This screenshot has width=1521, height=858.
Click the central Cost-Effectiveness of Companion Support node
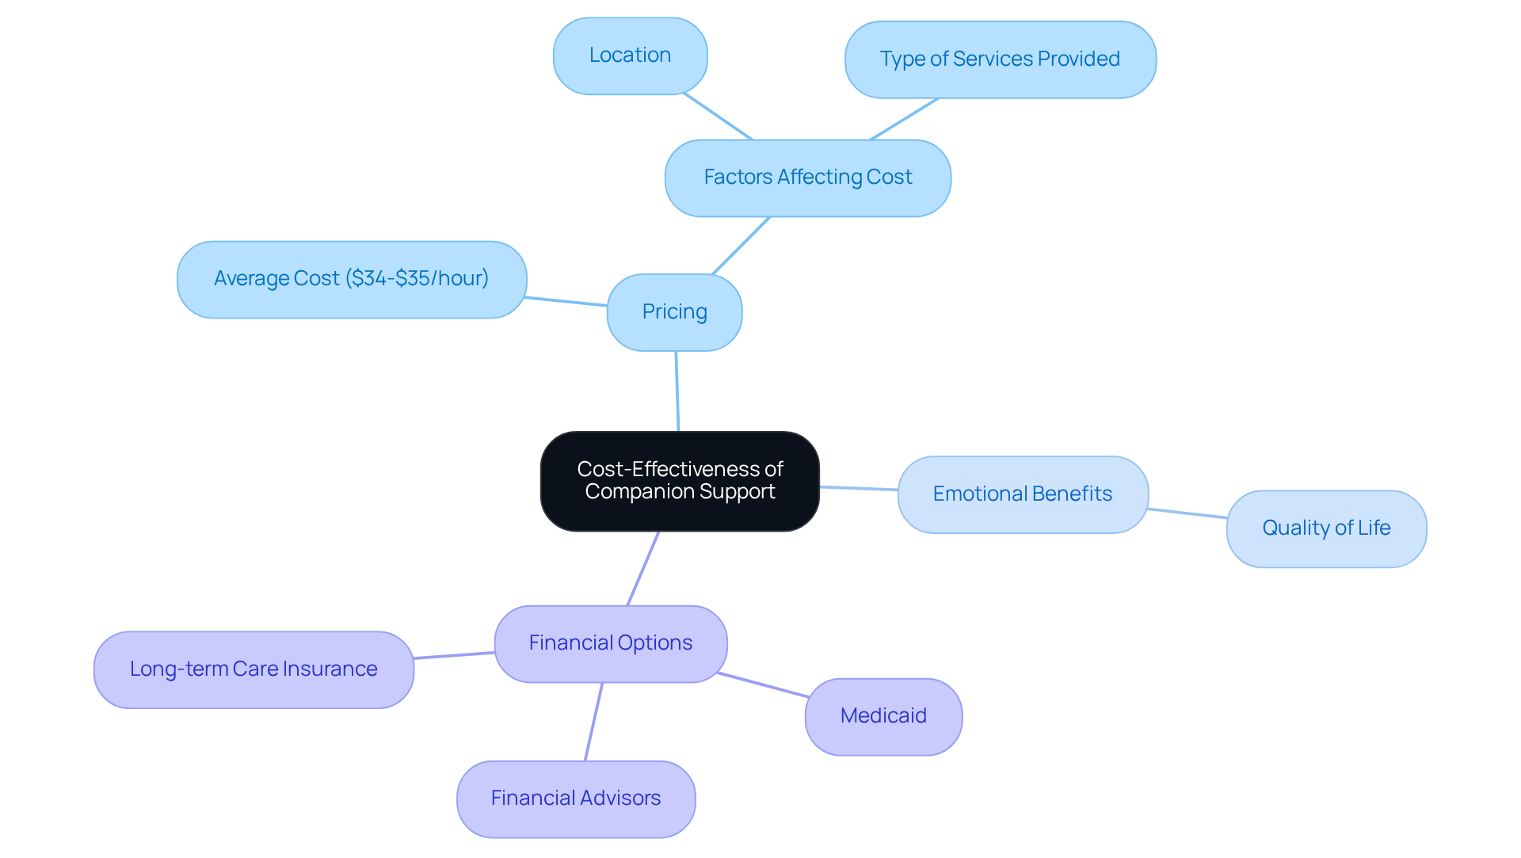click(680, 481)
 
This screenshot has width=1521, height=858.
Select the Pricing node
click(674, 312)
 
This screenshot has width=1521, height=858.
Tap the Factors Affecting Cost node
click(807, 177)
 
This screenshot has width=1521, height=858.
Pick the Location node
click(630, 55)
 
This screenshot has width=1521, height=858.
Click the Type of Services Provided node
click(1000, 59)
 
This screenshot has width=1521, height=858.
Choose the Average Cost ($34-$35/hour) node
click(351, 279)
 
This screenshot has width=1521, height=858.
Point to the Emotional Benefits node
click(1022, 494)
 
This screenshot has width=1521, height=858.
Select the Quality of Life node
click(1326, 528)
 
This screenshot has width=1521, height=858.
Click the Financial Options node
click(610, 643)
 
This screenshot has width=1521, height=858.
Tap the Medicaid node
click(883, 716)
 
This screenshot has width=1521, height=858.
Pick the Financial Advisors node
click(576, 799)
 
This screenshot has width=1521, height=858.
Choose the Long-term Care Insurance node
click(253, 669)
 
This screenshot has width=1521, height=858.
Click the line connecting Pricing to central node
click(677, 391)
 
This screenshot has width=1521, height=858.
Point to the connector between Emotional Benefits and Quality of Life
click(1187, 513)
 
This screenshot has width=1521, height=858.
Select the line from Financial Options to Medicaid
click(763, 685)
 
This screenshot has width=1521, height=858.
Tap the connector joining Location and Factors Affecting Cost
click(718, 116)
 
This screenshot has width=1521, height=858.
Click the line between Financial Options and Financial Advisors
click(593, 722)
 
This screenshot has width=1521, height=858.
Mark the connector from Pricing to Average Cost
click(566, 302)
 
